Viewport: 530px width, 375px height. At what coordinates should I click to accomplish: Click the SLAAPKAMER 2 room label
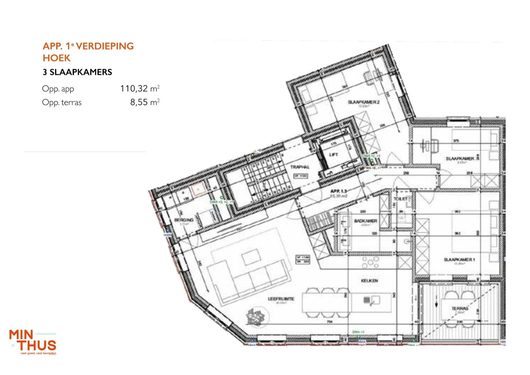click(364, 102)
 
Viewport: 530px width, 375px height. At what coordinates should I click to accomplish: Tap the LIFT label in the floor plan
click(333, 155)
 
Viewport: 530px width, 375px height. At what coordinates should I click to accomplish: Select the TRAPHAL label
click(300, 167)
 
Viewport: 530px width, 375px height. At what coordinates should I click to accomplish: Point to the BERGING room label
click(184, 220)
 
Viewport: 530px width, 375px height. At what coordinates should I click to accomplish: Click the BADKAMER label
click(366, 221)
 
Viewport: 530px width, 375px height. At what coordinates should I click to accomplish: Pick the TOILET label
click(400, 199)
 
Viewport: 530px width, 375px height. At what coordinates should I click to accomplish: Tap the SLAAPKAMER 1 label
click(459, 259)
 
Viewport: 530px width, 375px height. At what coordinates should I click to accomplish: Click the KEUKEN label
click(369, 281)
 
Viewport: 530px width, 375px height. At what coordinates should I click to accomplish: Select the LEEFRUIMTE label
click(281, 299)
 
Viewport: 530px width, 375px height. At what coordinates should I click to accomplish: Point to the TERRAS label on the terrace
click(460, 308)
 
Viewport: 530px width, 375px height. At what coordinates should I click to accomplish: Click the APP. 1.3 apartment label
click(338, 191)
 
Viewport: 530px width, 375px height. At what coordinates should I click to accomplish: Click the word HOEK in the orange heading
click(57, 58)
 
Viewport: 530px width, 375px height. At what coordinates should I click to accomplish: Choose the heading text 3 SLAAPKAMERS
click(77, 72)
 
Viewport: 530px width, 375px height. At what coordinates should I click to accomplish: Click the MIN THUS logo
click(33, 342)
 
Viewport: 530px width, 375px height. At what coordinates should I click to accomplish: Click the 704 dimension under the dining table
click(330, 322)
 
